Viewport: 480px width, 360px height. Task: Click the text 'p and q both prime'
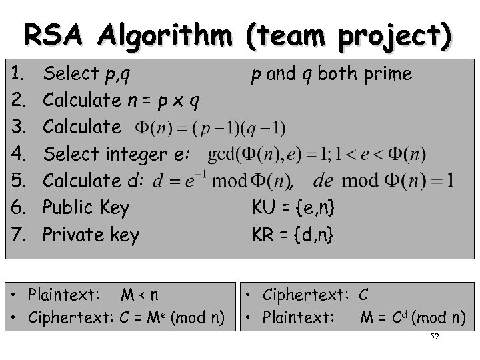(x=331, y=74)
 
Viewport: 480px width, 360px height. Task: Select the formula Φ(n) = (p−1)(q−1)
(x=210, y=127)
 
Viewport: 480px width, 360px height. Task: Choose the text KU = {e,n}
(x=293, y=208)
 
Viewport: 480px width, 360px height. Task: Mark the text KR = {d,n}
(x=293, y=235)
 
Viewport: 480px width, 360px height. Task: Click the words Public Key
(x=85, y=208)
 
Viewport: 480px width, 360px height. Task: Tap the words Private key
(x=91, y=235)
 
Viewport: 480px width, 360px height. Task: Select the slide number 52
(x=435, y=338)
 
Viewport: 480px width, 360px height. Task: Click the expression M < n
(x=139, y=294)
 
